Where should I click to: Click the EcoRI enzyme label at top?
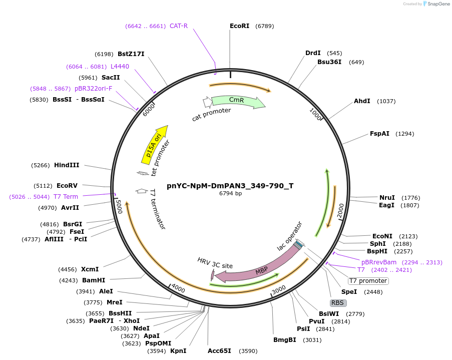click(x=239, y=26)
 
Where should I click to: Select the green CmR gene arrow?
click(x=238, y=102)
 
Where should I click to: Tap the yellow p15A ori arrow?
click(x=155, y=144)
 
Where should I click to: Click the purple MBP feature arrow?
click(x=260, y=268)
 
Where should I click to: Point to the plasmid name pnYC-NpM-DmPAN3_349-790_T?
click(x=230, y=186)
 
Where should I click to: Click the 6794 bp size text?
click(x=230, y=193)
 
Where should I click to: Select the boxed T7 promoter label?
click(x=368, y=281)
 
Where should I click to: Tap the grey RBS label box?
click(x=338, y=302)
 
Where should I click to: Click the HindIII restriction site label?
click(x=67, y=165)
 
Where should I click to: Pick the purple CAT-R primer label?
click(x=179, y=26)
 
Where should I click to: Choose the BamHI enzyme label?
click(x=94, y=280)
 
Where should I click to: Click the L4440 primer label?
click(x=120, y=67)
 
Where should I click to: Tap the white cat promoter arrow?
click(x=207, y=102)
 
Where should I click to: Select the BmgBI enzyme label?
click(x=284, y=340)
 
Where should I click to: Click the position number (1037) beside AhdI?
click(x=386, y=101)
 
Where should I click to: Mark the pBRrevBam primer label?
click(x=379, y=262)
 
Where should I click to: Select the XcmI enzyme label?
click(x=90, y=269)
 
